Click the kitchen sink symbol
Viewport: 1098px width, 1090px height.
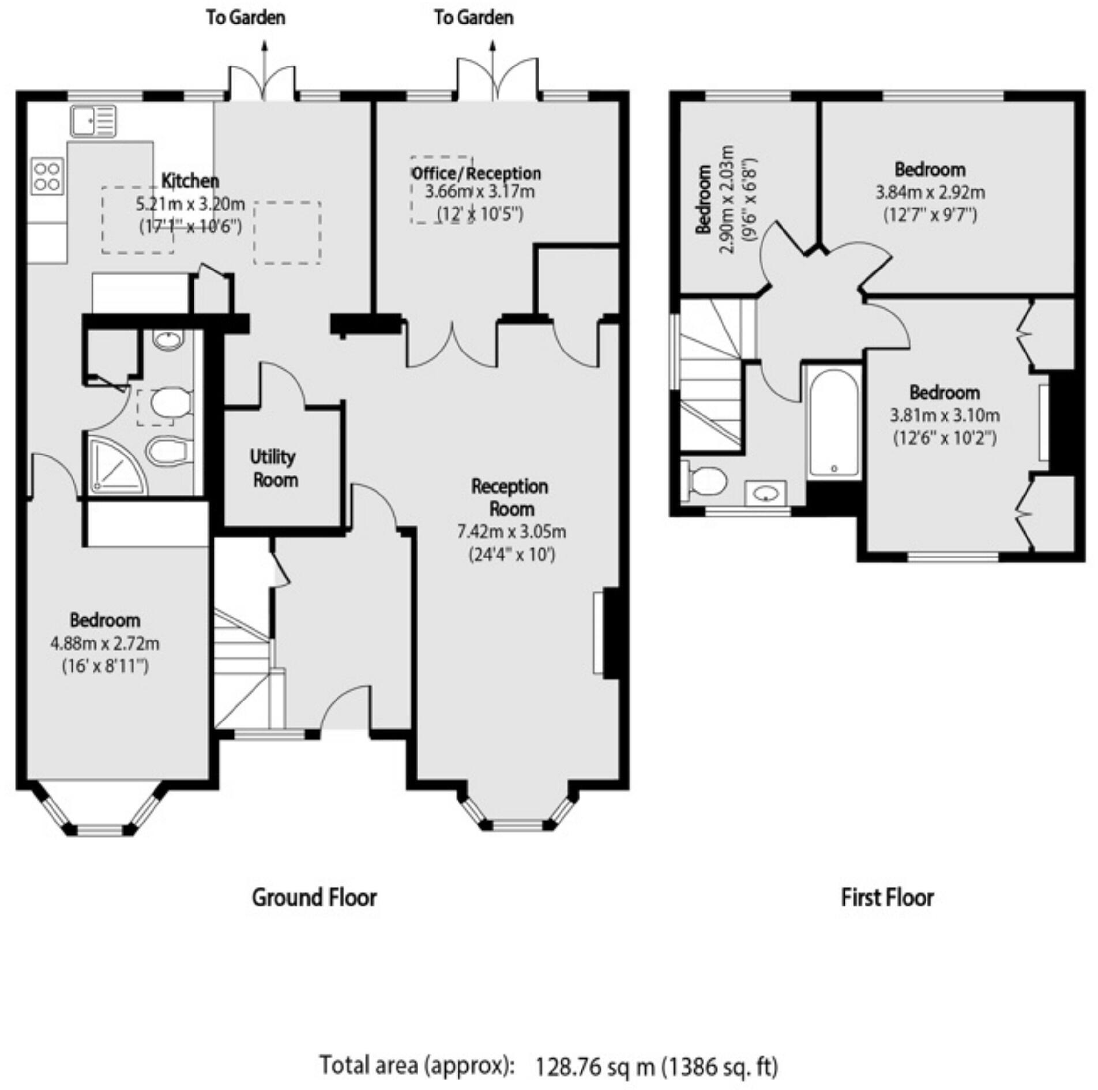pos(93,121)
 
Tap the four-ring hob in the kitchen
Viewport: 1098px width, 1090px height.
pos(47,176)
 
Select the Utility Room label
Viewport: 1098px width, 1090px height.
pos(274,468)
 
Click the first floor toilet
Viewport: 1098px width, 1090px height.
pos(705,480)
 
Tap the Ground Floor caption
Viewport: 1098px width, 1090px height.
pos(314,898)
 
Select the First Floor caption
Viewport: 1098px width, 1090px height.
pos(887,898)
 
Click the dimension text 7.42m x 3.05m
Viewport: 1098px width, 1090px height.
pos(512,531)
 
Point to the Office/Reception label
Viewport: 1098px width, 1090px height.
pos(476,173)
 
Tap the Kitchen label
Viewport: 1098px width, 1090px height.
pos(190,181)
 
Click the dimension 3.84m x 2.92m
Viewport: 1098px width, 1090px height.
pos(930,192)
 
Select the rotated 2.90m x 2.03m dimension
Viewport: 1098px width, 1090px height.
pos(727,200)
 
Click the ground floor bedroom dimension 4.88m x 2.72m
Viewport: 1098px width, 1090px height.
pos(105,643)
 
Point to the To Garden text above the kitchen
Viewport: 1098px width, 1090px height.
pos(246,18)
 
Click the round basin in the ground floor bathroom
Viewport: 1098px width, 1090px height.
pos(168,341)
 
